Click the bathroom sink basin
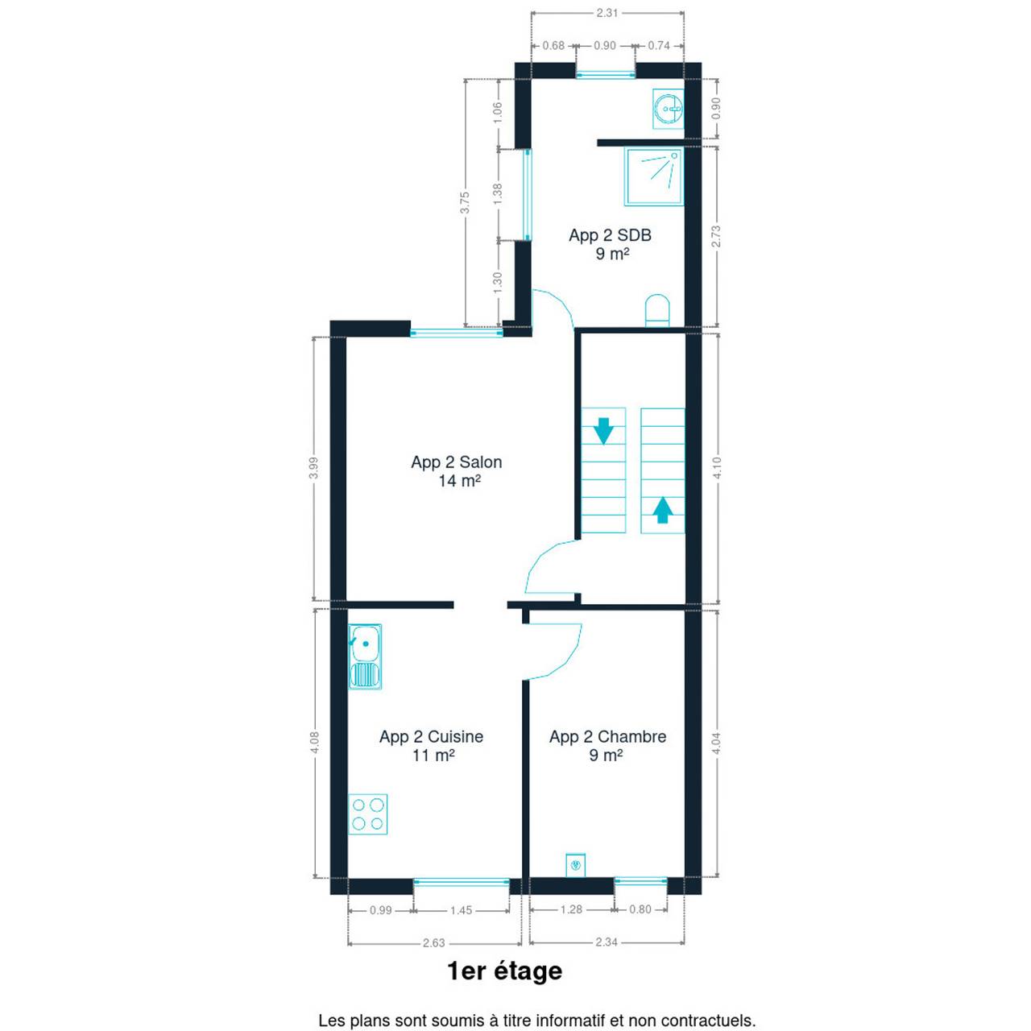(x=669, y=109)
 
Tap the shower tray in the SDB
(x=654, y=177)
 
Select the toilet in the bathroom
(x=657, y=310)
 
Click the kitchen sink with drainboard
(x=365, y=656)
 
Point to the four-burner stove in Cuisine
(x=367, y=814)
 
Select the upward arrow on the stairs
(x=662, y=510)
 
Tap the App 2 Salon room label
(x=457, y=471)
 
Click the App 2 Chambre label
(x=607, y=746)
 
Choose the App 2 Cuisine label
(x=431, y=746)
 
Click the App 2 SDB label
(x=610, y=244)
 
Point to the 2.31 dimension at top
(x=607, y=13)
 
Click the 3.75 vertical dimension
(x=465, y=202)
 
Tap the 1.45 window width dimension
(x=462, y=910)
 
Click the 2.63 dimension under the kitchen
(x=434, y=942)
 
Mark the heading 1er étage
(x=504, y=971)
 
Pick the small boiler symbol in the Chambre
(x=576, y=864)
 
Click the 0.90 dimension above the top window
(x=605, y=45)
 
